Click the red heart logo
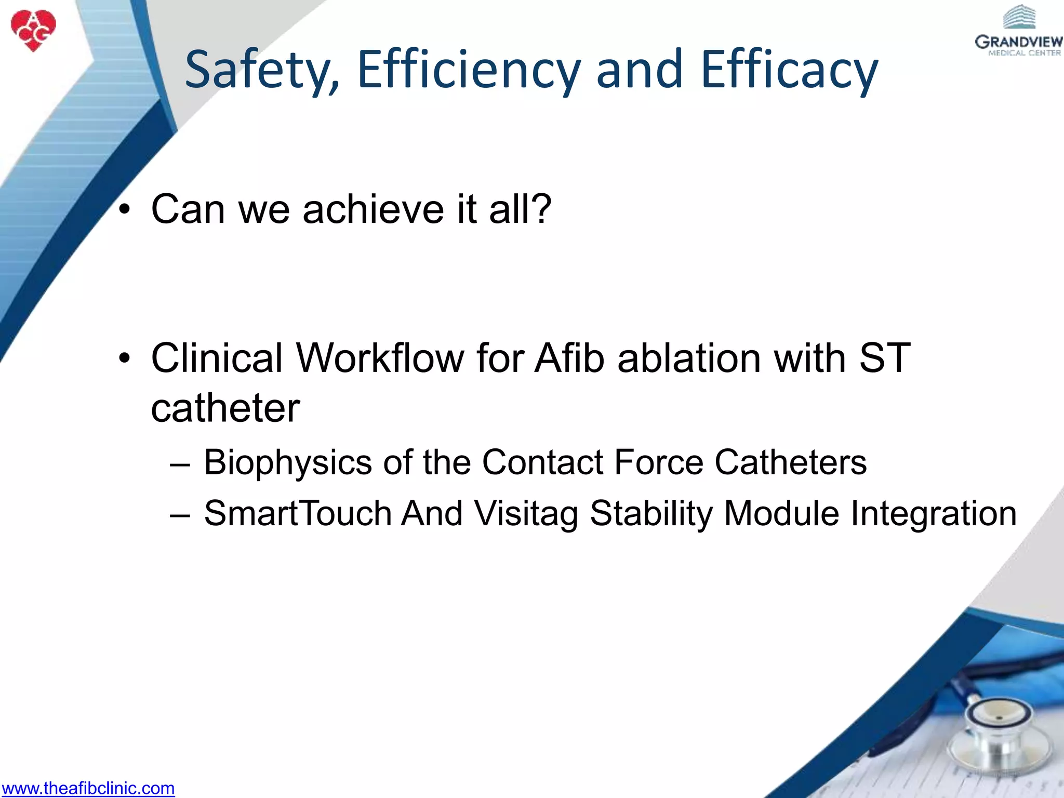click(33, 30)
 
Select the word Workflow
click(380, 358)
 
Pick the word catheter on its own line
click(225, 408)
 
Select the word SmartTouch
click(297, 514)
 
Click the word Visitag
click(526, 514)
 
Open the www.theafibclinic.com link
click(88, 788)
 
